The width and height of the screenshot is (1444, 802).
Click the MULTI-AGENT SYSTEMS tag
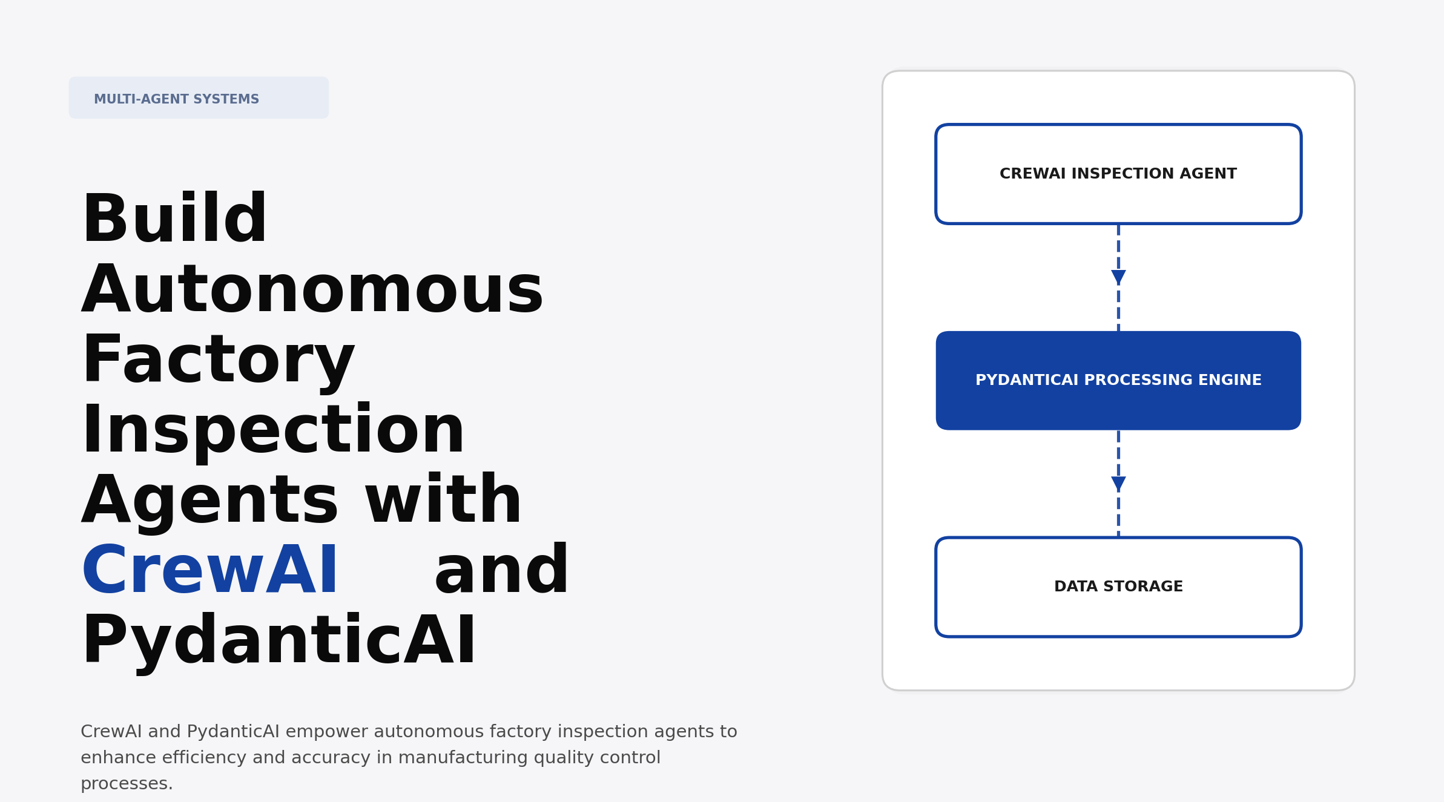[x=199, y=98]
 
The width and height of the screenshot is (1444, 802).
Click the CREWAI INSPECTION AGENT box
[x=1118, y=174]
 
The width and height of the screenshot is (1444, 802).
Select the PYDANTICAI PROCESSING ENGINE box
[x=1118, y=381]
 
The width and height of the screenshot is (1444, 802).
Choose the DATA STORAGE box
[x=1118, y=587]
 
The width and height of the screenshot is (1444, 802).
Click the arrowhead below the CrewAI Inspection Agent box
[x=1118, y=277]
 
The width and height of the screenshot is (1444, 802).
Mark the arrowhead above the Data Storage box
[x=1118, y=483]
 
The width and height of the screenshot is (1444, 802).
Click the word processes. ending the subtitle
[x=127, y=784]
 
